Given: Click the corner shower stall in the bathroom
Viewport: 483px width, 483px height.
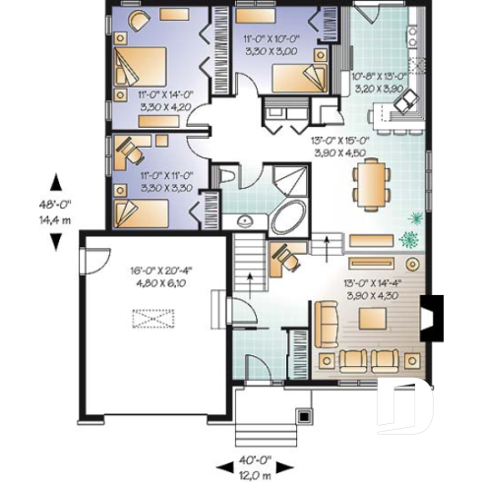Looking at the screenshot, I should [289, 180].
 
